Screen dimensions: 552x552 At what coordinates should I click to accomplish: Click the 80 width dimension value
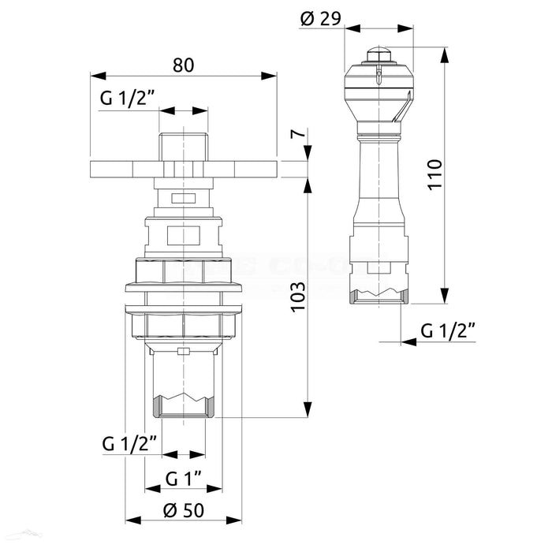[x=183, y=65]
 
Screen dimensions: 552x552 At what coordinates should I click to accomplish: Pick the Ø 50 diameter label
[x=183, y=510]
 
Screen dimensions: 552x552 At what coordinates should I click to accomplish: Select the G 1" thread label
[x=184, y=479]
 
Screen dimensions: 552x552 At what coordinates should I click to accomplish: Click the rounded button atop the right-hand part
[x=379, y=56]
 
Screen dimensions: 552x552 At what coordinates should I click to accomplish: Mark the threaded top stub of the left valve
[x=184, y=147]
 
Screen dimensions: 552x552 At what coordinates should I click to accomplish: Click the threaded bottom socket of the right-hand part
[x=379, y=295]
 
